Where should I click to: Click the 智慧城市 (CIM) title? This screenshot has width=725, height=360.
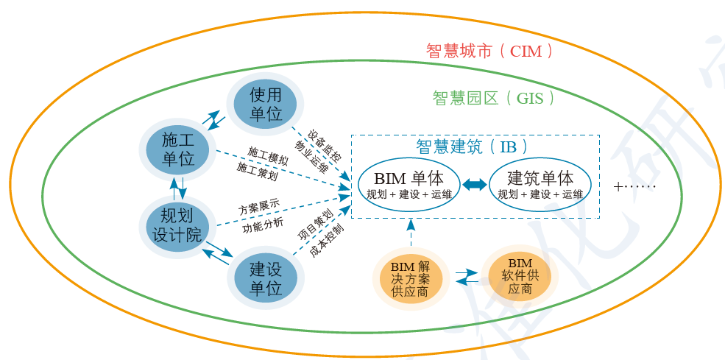(x=489, y=52)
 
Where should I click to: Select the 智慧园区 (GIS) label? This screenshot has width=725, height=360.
(x=493, y=98)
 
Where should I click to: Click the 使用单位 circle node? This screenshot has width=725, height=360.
(x=266, y=104)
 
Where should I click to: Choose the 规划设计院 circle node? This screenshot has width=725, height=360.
(x=177, y=225)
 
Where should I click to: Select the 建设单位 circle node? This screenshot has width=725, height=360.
(x=266, y=278)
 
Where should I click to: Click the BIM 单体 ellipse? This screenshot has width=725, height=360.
(x=409, y=185)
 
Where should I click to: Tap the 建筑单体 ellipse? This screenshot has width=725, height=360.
(x=540, y=185)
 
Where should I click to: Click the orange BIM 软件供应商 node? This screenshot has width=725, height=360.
(x=520, y=275)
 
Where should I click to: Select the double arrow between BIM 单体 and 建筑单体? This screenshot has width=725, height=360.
(x=475, y=185)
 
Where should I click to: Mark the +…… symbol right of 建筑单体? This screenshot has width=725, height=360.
(x=634, y=186)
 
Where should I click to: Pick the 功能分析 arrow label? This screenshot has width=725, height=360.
(x=262, y=227)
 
